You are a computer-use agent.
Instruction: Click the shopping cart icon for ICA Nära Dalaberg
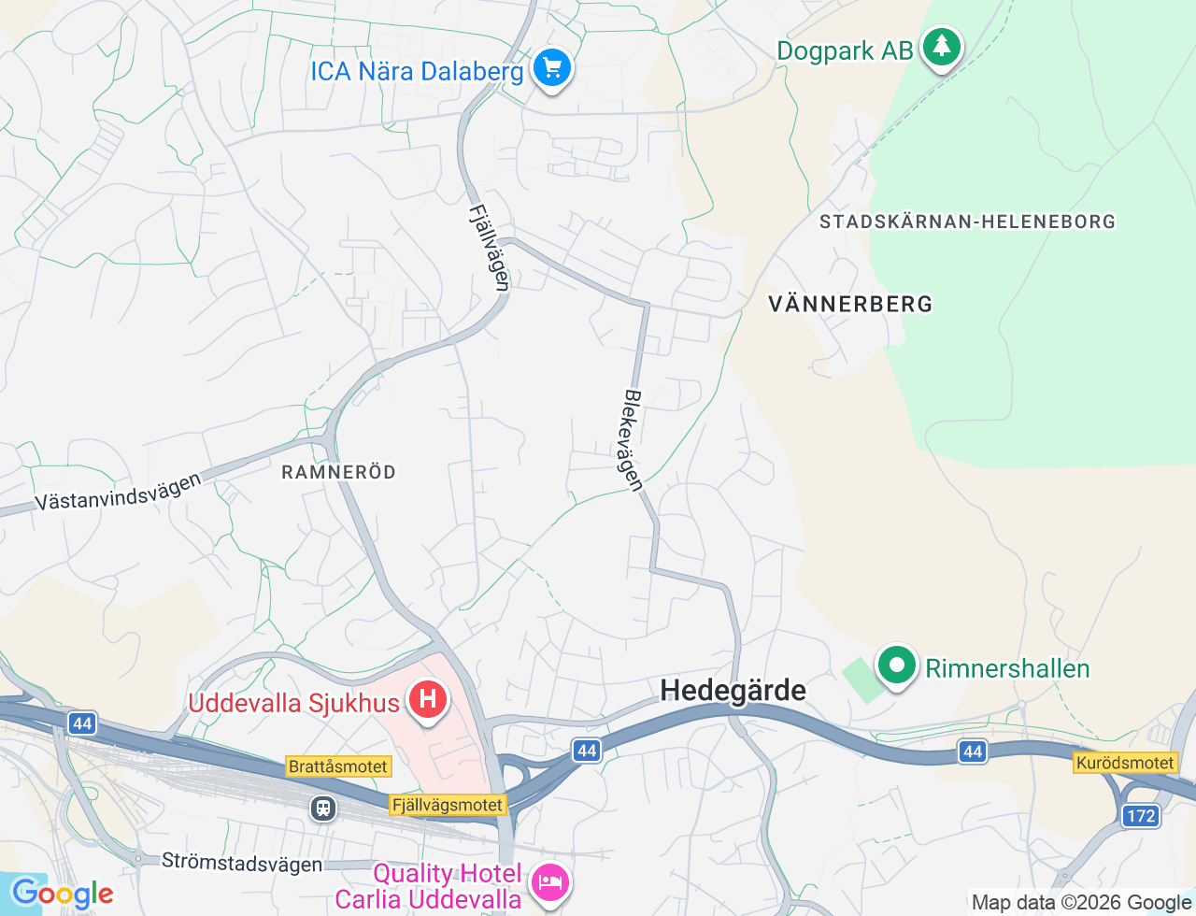(x=551, y=68)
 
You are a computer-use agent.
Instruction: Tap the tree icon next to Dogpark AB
(x=941, y=46)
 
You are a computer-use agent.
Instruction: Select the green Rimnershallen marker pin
(x=897, y=666)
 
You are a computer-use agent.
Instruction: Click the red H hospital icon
(x=427, y=699)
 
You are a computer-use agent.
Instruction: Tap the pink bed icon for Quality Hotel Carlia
(x=549, y=882)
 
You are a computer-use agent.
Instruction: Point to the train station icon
(x=323, y=808)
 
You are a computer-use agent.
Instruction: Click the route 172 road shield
(x=1141, y=816)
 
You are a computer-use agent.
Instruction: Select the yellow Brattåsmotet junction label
(x=337, y=766)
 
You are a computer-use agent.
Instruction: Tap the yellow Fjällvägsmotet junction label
(x=448, y=805)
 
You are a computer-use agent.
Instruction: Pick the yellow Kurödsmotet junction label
(x=1124, y=763)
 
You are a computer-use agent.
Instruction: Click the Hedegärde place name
(x=733, y=691)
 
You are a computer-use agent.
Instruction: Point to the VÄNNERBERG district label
(x=850, y=304)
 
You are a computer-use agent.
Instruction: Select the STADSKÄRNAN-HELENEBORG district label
(x=967, y=222)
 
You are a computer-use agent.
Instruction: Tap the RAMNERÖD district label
(x=338, y=472)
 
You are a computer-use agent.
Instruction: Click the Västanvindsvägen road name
(x=118, y=493)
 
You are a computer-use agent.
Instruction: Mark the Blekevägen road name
(x=634, y=439)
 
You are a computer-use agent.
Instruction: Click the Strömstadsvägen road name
(x=242, y=862)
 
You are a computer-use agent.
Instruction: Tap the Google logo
(x=62, y=894)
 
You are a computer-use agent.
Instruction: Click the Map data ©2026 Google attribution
(x=1081, y=903)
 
